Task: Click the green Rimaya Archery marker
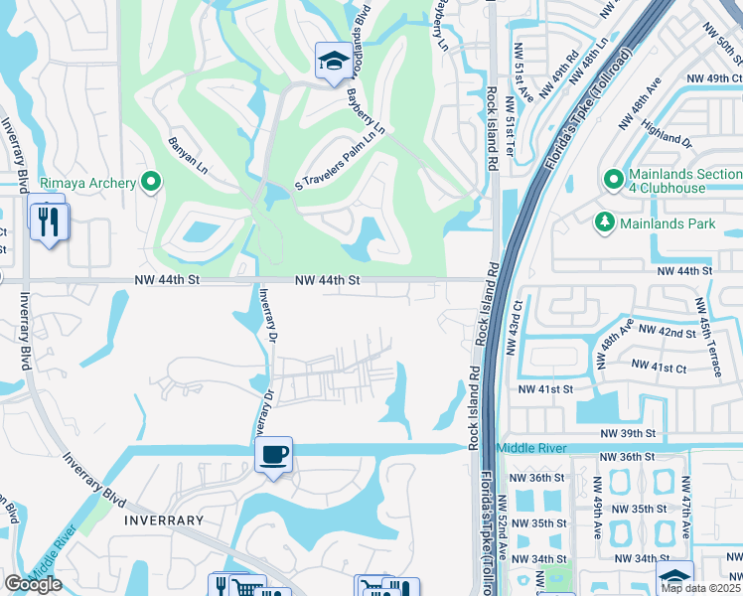pos(151,182)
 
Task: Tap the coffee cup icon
pos(273,455)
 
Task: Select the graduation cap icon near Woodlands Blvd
pos(330,62)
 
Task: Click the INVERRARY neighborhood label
pos(164,521)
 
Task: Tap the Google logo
pos(33,584)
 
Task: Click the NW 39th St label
pos(628,434)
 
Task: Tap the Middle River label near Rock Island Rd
pos(530,449)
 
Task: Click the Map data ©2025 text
pos(701,588)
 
